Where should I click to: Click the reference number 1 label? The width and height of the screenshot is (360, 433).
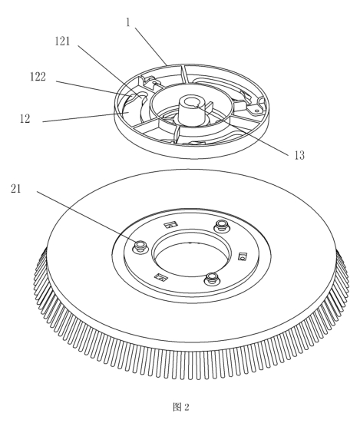[128, 22]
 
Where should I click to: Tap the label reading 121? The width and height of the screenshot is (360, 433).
[62, 41]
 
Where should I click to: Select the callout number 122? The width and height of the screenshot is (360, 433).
[38, 77]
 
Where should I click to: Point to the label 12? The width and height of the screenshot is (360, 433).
[25, 119]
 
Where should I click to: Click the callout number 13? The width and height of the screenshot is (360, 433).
[299, 156]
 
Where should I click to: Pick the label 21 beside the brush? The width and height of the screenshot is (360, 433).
[16, 189]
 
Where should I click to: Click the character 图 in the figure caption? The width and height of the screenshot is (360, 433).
[177, 407]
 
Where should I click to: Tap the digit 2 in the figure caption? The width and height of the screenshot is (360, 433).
[187, 407]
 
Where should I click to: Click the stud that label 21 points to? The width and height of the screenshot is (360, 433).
[140, 246]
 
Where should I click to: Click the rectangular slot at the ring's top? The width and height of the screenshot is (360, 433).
[170, 225]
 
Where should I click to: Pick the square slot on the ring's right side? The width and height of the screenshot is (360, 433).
[243, 256]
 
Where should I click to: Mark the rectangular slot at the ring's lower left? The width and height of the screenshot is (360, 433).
[160, 277]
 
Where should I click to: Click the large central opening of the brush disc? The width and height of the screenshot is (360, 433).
[192, 259]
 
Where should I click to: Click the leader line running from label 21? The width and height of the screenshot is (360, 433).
[87, 214]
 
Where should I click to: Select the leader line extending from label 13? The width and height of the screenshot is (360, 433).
[243, 128]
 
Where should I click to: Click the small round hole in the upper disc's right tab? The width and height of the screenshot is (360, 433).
[256, 111]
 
